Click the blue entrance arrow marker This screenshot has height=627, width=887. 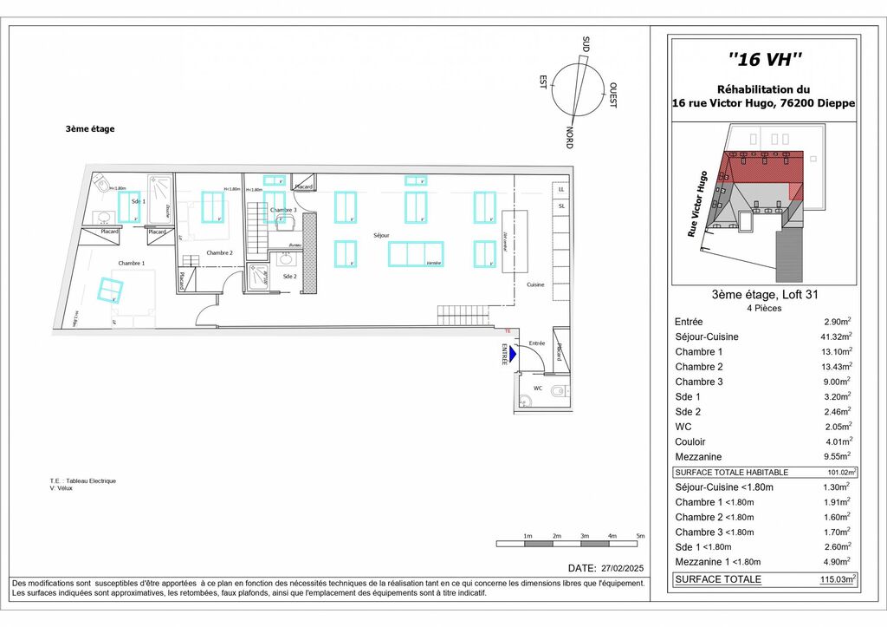point(512,354)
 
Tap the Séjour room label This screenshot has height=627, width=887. point(380,235)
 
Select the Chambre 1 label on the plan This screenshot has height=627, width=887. point(132,263)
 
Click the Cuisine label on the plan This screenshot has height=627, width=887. point(534,284)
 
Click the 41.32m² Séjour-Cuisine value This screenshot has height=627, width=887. point(837,336)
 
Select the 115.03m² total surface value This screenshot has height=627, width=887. point(838,579)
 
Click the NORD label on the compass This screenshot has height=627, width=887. point(569,137)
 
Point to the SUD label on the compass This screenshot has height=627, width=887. point(586,44)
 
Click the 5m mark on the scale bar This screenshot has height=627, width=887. point(639,536)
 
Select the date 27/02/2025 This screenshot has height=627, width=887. point(621,568)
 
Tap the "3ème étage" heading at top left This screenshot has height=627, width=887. point(90,129)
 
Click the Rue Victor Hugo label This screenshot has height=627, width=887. point(698,204)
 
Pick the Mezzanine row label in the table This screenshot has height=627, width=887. point(698,456)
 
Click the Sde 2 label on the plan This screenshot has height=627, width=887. point(289,276)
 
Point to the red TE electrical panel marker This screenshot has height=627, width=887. point(508,330)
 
